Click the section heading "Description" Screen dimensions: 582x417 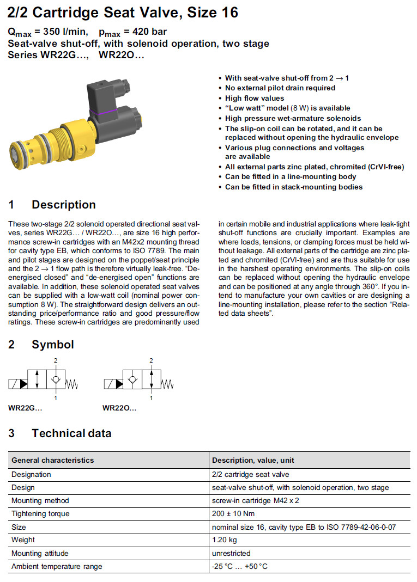click(63, 205)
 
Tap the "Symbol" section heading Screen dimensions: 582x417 click(52, 344)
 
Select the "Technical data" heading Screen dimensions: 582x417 click(71, 433)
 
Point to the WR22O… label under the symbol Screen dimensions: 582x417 click(119, 408)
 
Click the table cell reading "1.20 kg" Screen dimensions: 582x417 click(225, 540)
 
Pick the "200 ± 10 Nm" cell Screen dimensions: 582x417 click(233, 513)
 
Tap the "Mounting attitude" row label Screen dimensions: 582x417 click(40, 553)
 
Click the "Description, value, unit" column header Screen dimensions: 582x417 click(253, 460)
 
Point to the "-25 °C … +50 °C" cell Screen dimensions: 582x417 click(239, 566)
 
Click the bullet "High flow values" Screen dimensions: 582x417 click(255, 98)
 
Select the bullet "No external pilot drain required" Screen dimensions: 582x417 click(280, 88)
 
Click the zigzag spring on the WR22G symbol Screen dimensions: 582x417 click(72, 385)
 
